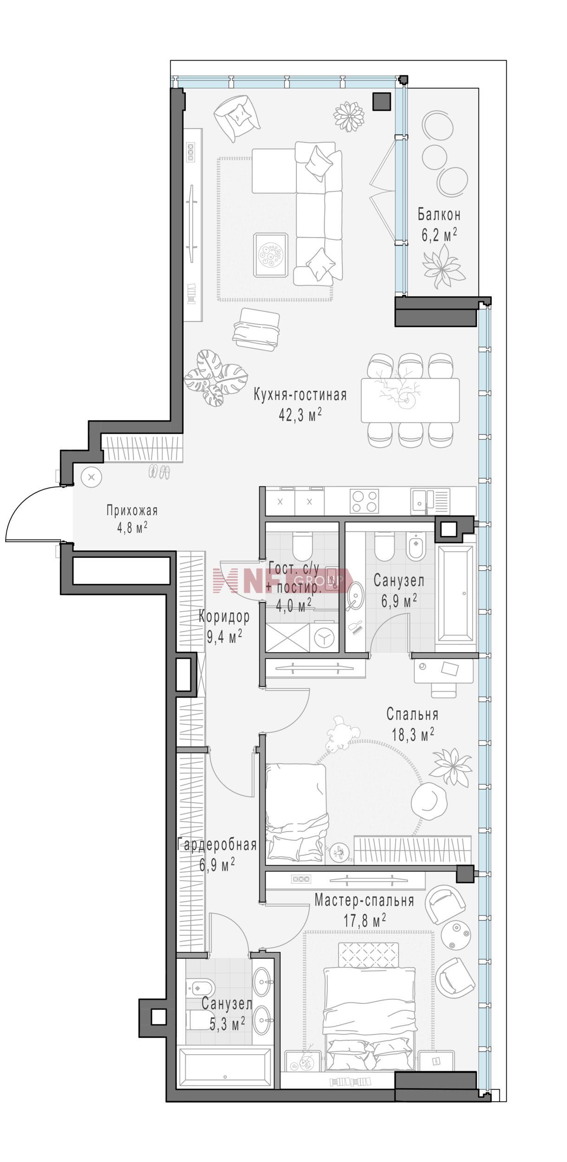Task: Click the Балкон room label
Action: [x=439, y=215]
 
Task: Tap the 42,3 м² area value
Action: [x=300, y=415]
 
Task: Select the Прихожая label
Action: [x=132, y=510]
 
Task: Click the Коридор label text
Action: [x=224, y=617]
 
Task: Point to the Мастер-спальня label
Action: [x=364, y=900]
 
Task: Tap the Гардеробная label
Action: [x=217, y=844]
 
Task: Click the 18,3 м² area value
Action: [x=412, y=735]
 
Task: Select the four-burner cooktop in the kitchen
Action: [x=365, y=501]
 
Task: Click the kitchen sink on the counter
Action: [x=430, y=501]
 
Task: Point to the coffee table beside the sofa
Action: [x=271, y=255]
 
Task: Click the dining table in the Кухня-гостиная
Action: [x=410, y=400]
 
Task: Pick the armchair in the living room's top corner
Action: [x=237, y=118]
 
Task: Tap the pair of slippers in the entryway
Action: [x=159, y=471]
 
